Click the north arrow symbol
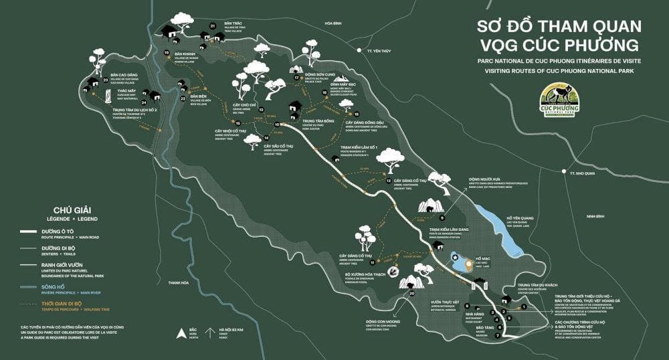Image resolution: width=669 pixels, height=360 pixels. pos(179,333)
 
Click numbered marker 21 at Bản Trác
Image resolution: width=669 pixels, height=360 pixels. pos(212,26)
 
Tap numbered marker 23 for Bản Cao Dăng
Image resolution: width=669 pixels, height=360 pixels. pos(106,80)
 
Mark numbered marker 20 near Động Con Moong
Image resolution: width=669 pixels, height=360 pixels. pos(412,293)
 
